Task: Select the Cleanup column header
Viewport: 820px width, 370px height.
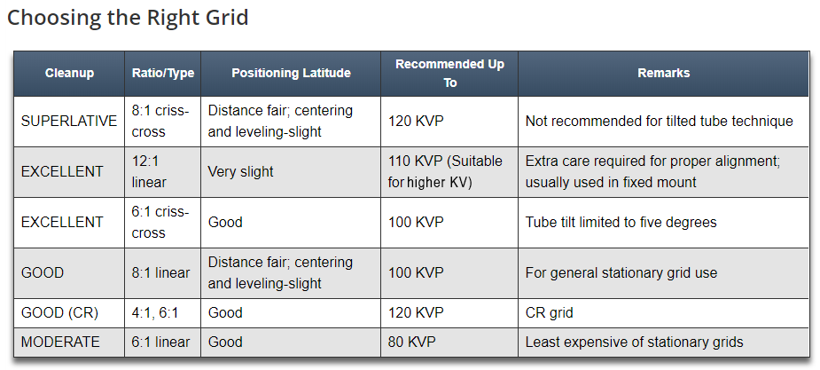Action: pyautogui.click(x=69, y=74)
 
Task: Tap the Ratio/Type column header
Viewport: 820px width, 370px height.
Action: pyautogui.click(x=162, y=74)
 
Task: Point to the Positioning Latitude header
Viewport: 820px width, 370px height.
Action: pyautogui.click(x=291, y=74)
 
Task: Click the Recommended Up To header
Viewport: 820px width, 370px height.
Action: pyautogui.click(x=449, y=74)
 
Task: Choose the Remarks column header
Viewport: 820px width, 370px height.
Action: pyautogui.click(x=664, y=74)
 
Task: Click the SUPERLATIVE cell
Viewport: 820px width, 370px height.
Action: pyautogui.click(x=69, y=122)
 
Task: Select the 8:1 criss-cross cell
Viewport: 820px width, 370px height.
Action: pyautogui.click(x=160, y=122)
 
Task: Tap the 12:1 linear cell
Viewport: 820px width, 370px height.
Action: pyautogui.click(x=149, y=171)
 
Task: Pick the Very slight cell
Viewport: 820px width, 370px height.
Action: pyautogui.click(x=240, y=171)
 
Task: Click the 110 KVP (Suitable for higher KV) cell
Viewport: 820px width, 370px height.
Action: pyautogui.click(x=445, y=171)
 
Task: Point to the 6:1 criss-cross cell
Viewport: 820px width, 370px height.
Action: pyautogui.click(x=160, y=222)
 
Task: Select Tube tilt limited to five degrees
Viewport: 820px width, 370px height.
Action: pyautogui.click(x=621, y=222)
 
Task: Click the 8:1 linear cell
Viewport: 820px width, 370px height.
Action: pyautogui.click(x=160, y=272)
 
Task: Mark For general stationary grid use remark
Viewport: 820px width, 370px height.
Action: pyautogui.click(x=621, y=272)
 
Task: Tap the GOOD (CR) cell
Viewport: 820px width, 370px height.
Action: pyautogui.click(x=59, y=313)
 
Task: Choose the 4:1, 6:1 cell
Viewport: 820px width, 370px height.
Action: pyautogui.click(x=155, y=313)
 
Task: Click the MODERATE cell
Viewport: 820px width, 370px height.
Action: pyautogui.click(x=60, y=342)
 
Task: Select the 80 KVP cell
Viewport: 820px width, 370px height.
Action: pyautogui.click(x=411, y=342)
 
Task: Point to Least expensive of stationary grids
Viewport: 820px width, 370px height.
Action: pyautogui.click(x=635, y=342)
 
